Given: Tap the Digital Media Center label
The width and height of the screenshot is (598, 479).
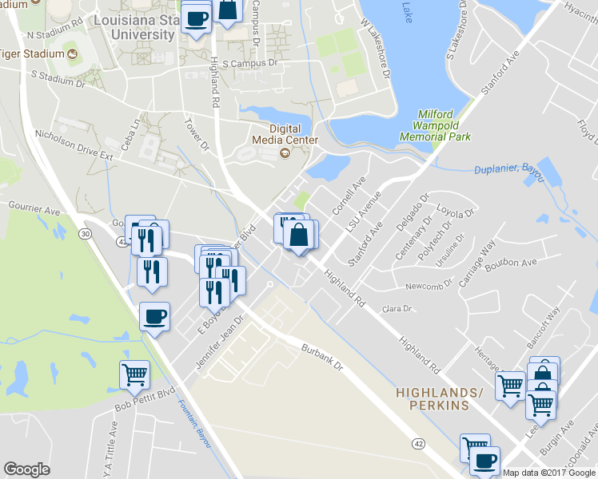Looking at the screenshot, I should tap(273, 135).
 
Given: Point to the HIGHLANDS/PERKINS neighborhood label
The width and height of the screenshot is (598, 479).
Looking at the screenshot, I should tap(441, 399).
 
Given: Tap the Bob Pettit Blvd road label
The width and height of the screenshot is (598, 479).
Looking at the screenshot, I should tap(144, 398).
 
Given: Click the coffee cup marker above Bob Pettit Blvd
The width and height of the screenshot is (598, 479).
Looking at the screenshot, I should tap(154, 316).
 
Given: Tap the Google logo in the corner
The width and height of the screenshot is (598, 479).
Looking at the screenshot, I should tap(26, 469).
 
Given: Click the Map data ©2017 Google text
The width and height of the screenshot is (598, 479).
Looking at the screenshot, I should tap(548, 473).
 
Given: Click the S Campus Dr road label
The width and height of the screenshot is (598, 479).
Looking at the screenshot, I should tap(249, 61).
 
